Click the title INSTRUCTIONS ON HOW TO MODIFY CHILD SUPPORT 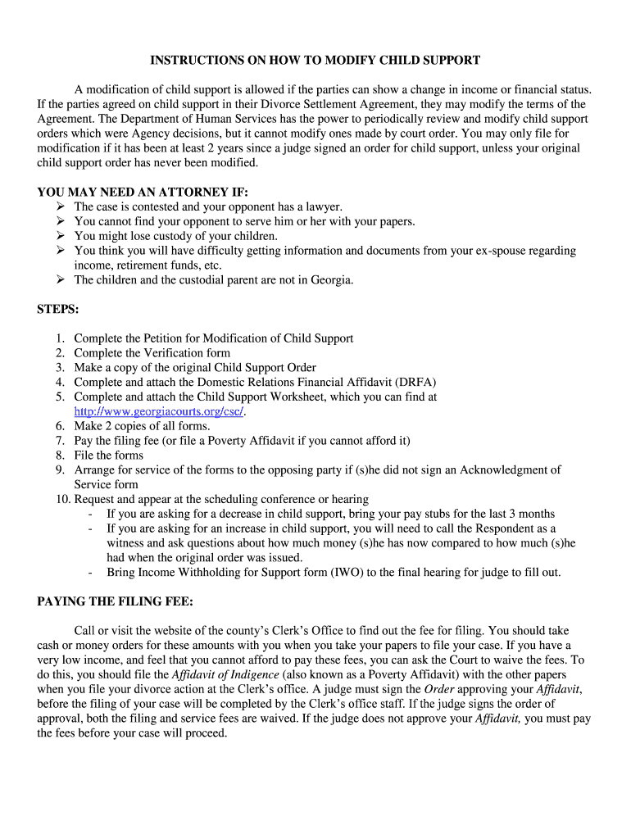tap(315, 61)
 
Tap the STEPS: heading tap(57, 310)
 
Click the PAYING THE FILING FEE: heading tap(116, 601)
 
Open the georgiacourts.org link tap(159, 411)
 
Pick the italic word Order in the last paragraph tap(438, 689)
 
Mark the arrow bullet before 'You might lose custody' tap(61, 236)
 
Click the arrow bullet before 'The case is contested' tap(61, 207)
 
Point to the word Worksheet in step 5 tap(298, 397)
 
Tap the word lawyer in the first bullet tap(324, 207)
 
